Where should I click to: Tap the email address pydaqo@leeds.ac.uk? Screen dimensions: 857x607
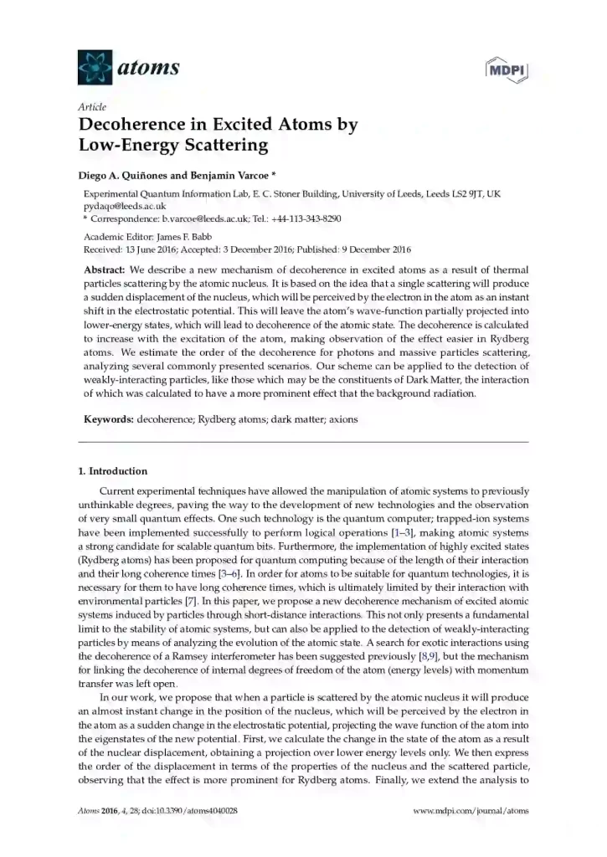(x=128, y=206)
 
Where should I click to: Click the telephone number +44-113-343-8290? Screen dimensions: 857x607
(x=301, y=218)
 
